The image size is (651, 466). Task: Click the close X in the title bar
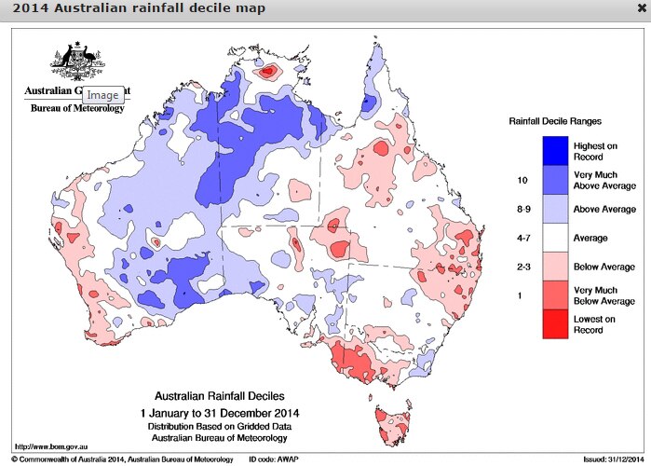641,8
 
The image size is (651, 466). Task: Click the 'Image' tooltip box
102,95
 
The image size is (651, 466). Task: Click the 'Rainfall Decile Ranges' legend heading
555,121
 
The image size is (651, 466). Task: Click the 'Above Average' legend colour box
555,209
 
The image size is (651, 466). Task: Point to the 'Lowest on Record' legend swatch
555,323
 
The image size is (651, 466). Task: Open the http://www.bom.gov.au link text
47,445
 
